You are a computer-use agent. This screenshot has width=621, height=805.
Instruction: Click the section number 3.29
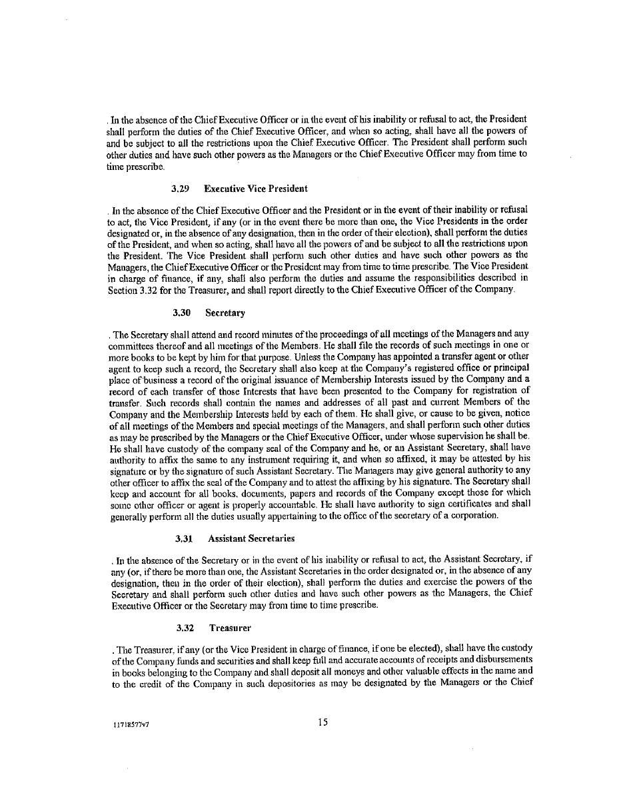(181, 189)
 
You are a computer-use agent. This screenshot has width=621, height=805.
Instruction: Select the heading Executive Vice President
(255, 189)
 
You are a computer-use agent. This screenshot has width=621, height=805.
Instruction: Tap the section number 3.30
(182, 312)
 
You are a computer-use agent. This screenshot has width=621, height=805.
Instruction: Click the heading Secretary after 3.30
(225, 312)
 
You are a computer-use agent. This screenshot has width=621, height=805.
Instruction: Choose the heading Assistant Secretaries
(251, 538)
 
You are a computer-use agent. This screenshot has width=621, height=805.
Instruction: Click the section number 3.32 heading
(185, 628)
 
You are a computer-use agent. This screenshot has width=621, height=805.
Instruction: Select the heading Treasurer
(230, 628)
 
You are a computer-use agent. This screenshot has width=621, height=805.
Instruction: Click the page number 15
(322, 722)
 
